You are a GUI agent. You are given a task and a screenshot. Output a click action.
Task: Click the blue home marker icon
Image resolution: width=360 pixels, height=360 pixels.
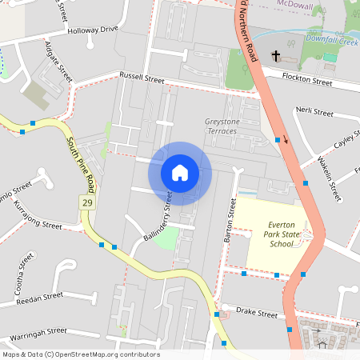tap(180, 172)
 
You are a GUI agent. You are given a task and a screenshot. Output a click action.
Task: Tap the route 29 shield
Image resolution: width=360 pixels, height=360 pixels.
tap(85, 204)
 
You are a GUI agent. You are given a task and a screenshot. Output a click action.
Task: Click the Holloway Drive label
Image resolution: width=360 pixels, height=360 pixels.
tap(93, 30)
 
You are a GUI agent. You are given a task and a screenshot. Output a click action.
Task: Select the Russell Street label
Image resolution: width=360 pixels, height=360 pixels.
tap(142, 78)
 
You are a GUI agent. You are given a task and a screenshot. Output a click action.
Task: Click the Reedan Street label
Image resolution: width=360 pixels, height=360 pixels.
tap(39, 297)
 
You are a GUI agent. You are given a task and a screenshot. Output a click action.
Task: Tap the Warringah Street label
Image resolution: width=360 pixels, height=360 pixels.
tap(34, 331)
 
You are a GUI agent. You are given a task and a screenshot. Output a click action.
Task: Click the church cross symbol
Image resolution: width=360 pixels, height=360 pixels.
tap(276, 56)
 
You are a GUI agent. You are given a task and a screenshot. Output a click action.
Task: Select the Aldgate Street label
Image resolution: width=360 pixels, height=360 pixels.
tap(59, 61)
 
